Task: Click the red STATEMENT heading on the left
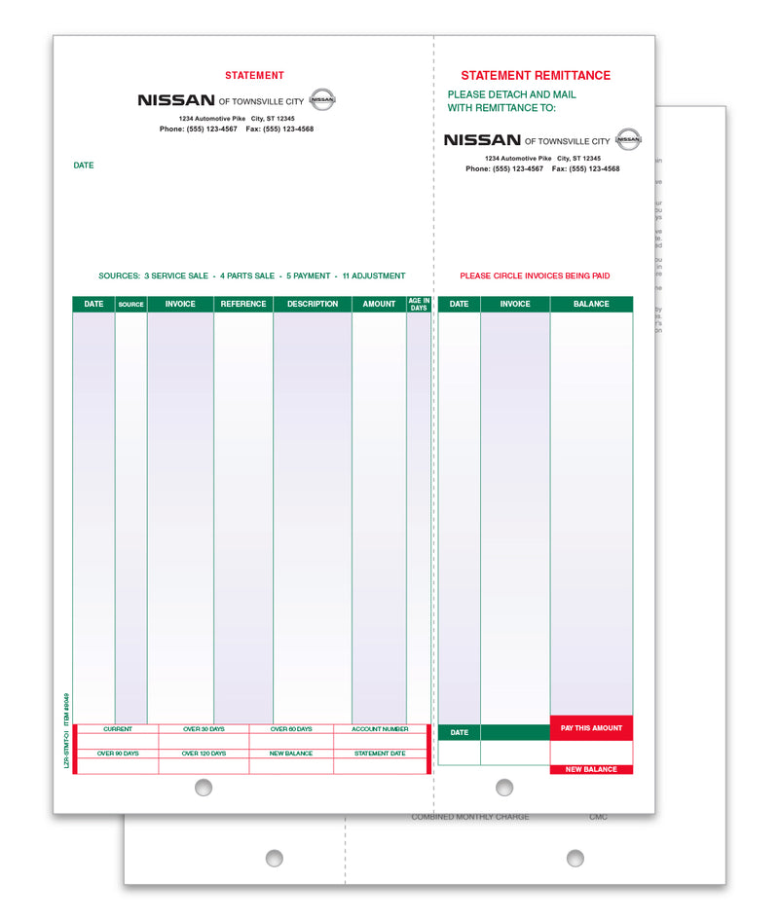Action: click(254, 75)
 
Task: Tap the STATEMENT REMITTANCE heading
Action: click(536, 75)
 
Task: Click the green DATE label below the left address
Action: click(84, 166)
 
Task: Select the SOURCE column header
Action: click(130, 305)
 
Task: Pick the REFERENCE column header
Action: click(243, 304)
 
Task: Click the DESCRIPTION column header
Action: click(313, 304)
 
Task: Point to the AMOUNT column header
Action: click(379, 304)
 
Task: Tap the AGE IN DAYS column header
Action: click(419, 304)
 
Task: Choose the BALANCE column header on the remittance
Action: click(591, 304)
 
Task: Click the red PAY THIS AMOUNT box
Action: click(592, 728)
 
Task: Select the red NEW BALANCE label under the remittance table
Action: click(591, 769)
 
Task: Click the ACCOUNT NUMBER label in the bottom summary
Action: click(380, 728)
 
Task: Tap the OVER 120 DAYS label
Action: click(204, 754)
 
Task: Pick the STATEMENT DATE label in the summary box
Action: click(380, 754)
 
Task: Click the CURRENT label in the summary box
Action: click(118, 728)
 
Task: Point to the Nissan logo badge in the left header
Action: click(322, 98)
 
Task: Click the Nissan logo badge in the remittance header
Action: click(629, 139)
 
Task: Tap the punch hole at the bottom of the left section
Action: click(203, 788)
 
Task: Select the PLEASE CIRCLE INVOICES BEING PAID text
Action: click(535, 276)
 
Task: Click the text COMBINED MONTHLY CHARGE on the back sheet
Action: click(470, 817)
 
